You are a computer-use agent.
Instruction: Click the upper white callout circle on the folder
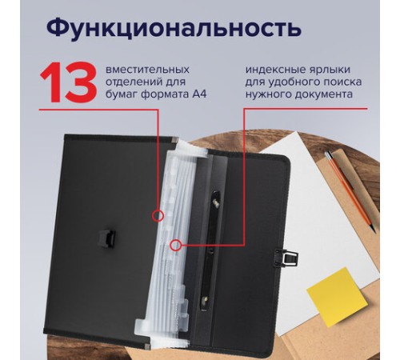(x=158, y=214)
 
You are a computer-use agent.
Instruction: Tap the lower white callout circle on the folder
(x=177, y=248)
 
